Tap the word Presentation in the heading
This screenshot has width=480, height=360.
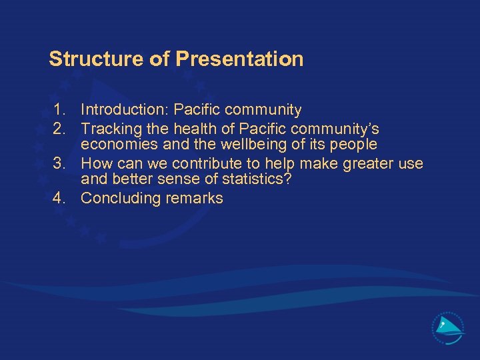click(x=239, y=59)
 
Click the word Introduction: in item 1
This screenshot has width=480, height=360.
click(x=125, y=110)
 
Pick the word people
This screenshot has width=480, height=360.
click(x=353, y=145)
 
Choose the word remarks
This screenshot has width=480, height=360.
click(x=193, y=199)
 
